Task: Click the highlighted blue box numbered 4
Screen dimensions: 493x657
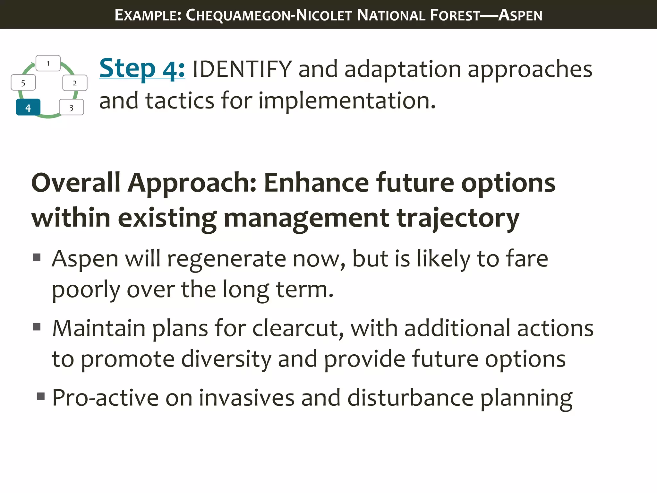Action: [x=28, y=107]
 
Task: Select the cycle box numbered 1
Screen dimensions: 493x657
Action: [x=48, y=63]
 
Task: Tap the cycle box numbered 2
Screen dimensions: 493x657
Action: [x=75, y=83]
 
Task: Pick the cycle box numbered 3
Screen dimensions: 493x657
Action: [x=71, y=108]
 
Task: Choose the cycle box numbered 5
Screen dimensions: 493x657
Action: [x=23, y=83]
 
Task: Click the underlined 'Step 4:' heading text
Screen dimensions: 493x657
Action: [x=142, y=68]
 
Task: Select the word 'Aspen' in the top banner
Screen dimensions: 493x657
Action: [x=520, y=15]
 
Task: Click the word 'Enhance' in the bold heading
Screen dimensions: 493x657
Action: [x=316, y=183]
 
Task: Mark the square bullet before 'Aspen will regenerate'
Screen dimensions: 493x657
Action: [x=37, y=257]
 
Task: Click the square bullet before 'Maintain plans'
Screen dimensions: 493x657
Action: [x=37, y=327]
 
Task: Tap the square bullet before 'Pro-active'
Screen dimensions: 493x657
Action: [x=41, y=396]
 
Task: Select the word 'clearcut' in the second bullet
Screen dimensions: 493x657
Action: [x=298, y=329]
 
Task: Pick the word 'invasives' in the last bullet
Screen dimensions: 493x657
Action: [x=246, y=398]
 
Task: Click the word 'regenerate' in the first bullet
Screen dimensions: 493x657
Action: [x=226, y=259]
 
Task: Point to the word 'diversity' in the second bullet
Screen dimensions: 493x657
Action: [x=226, y=359]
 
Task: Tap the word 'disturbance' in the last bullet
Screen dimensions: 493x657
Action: [x=411, y=398]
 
